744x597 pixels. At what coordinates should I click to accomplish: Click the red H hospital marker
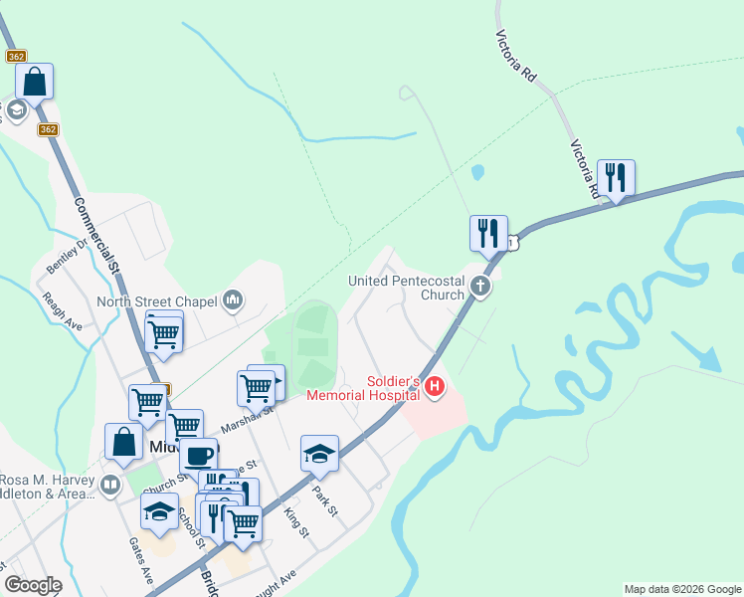click(434, 386)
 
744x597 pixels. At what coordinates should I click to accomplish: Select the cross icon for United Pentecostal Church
click(480, 288)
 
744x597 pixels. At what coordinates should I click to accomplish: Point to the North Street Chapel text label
click(157, 301)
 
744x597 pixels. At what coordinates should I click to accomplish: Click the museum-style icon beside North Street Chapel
click(234, 299)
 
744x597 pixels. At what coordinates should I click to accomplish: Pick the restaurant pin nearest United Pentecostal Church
click(488, 233)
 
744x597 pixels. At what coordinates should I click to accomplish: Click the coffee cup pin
click(198, 456)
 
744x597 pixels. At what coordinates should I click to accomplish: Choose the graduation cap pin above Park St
click(319, 453)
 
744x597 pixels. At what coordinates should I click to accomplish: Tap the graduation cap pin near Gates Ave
click(159, 511)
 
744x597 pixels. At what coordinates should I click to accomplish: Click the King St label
click(296, 522)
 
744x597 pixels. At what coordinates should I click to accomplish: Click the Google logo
click(33, 585)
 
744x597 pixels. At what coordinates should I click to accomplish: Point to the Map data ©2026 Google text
click(682, 589)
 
